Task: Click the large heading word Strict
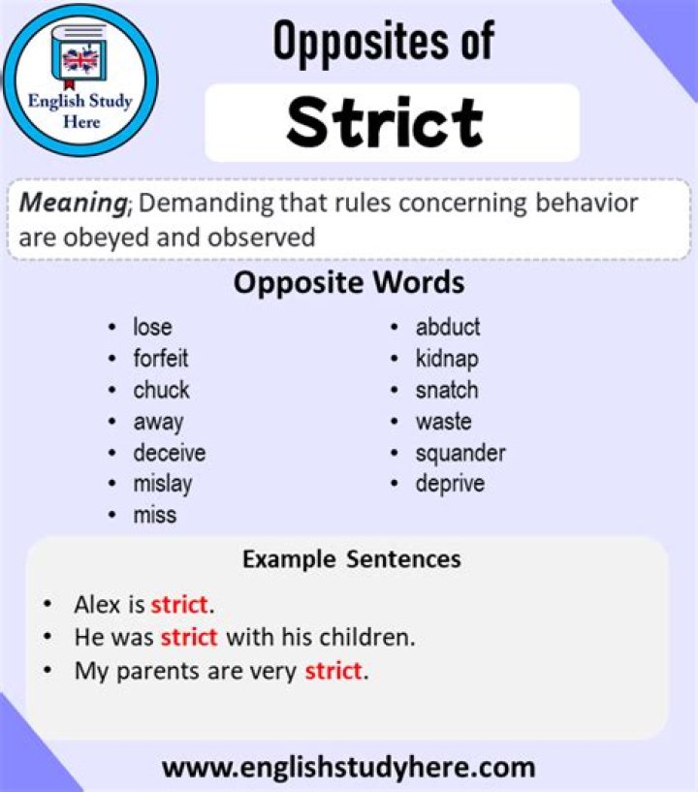click(x=385, y=122)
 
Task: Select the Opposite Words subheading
click(x=349, y=283)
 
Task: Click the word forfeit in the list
click(x=161, y=359)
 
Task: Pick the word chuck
click(x=161, y=390)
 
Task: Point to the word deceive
click(x=170, y=453)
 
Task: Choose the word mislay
click(x=163, y=484)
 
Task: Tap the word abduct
click(x=448, y=327)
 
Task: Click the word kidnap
click(x=447, y=359)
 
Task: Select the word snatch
click(x=447, y=390)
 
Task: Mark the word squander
click(x=460, y=453)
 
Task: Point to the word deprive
click(x=450, y=484)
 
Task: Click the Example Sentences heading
click(x=351, y=559)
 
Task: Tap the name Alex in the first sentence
click(x=97, y=606)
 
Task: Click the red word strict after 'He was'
click(x=190, y=638)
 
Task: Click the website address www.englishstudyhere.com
click(x=348, y=768)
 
